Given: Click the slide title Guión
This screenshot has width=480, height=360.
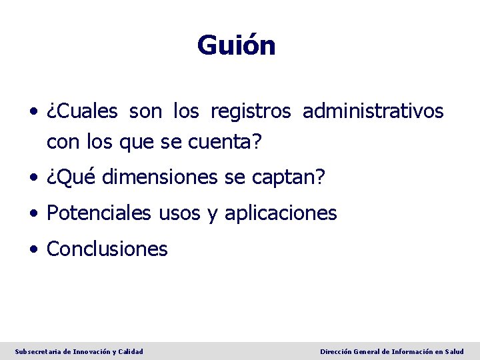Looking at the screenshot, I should click(236, 46).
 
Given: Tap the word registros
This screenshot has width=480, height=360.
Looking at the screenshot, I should click(251, 111).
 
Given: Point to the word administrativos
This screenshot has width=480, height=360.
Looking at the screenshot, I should click(373, 111).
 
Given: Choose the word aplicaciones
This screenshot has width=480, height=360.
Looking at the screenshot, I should click(281, 213).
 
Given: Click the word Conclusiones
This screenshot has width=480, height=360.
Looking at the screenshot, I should click(107, 249).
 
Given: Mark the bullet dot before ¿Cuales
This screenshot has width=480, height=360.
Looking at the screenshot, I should click(33, 113).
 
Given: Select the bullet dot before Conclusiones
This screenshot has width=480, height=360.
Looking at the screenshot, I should click(33, 250).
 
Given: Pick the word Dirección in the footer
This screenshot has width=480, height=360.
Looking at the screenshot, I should click(338, 351).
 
